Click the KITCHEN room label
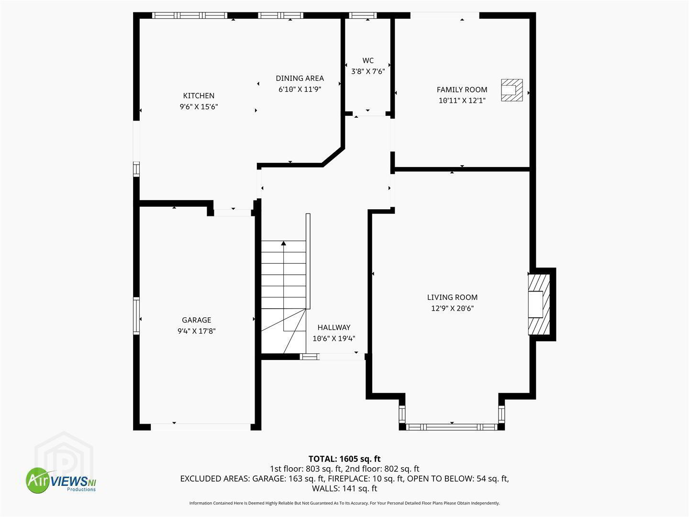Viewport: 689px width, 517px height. click(x=199, y=96)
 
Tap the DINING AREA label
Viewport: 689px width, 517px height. click(x=300, y=79)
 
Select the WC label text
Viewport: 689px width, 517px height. click(x=368, y=61)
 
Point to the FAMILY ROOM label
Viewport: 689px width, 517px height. click(x=462, y=90)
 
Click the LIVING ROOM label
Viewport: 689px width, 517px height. click(x=452, y=297)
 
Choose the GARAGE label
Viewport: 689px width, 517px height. click(x=197, y=320)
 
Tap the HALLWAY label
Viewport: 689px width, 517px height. click(x=334, y=328)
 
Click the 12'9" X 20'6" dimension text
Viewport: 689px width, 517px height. click(x=452, y=308)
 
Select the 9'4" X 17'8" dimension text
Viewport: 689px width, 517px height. click(x=197, y=331)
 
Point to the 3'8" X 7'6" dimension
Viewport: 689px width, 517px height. click(x=368, y=72)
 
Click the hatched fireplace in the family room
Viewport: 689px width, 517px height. click(x=511, y=90)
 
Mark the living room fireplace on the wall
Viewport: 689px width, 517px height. click(x=539, y=304)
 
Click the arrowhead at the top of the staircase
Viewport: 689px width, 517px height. click(x=283, y=243)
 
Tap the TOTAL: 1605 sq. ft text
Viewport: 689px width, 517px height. click(x=344, y=459)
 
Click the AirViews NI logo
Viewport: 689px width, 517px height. click(x=61, y=480)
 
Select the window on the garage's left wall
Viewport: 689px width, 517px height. click(x=136, y=316)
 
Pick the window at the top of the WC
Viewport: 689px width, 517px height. click(x=363, y=15)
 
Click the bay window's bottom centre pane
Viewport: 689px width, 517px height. click(x=452, y=427)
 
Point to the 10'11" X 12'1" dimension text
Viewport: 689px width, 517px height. click(x=462, y=101)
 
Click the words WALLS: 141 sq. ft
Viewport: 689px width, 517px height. click(x=344, y=488)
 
